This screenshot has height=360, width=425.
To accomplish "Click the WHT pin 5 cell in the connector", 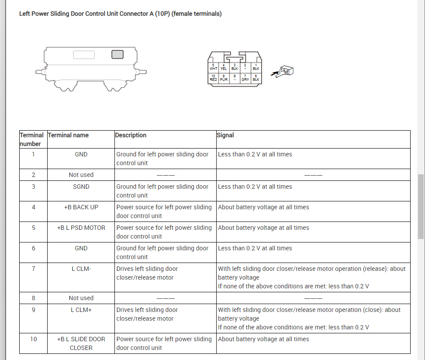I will (214, 67).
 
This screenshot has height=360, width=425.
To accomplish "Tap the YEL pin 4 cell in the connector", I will (224, 67).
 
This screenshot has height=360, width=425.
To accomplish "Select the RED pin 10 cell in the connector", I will (213, 78).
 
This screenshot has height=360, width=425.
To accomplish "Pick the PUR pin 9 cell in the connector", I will (224, 78).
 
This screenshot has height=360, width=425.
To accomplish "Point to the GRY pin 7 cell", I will (245, 78).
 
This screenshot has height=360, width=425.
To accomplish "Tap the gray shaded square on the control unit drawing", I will (117, 55).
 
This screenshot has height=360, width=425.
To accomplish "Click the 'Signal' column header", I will (225, 135).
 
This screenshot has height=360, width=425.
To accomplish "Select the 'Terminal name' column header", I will (68, 135).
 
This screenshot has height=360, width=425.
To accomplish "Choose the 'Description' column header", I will (131, 135).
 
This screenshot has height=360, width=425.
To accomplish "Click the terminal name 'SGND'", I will (81, 187).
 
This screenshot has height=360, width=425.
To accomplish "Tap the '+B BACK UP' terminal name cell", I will (81, 207).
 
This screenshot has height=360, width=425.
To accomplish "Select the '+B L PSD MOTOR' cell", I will (81, 228).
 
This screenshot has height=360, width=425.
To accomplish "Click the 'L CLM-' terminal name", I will (81, 269).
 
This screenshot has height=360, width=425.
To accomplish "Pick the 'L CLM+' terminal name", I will (81, 310).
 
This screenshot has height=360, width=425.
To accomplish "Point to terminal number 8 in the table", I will (33, 298).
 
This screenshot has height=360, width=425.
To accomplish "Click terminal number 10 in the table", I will (33, 339).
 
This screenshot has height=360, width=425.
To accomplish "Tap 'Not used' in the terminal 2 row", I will (81, 175).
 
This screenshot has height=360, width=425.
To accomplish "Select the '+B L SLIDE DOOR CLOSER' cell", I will (81, 343).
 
